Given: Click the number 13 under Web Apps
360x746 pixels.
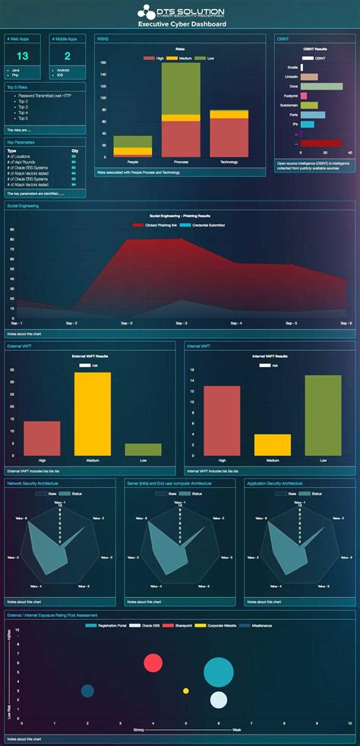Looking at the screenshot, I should [x=23, y=56].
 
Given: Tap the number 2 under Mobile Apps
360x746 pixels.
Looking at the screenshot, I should [x=68, y=56].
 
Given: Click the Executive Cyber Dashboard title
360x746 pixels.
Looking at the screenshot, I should [x=181, y=24].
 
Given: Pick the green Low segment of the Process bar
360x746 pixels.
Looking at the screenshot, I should [x=181, y=87].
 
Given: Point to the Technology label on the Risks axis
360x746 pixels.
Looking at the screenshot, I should [x=229, y=163].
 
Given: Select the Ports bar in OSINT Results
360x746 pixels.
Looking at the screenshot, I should [x=313, y=115].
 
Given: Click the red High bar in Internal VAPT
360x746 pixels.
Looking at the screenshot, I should [x=221, y=420].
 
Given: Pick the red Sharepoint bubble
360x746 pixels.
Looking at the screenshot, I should [x=153, y=662].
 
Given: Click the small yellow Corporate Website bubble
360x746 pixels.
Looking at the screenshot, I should [x=186, y=691].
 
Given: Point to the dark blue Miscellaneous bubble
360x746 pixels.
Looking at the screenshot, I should [x=87, y=691].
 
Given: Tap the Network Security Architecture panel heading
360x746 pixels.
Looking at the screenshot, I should [x=35, y=482].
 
